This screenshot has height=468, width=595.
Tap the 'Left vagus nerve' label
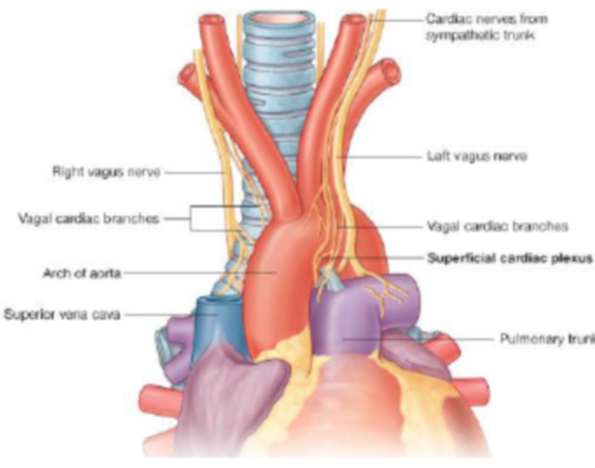coord(477,156)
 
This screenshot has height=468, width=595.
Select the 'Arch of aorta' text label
coord(81,273)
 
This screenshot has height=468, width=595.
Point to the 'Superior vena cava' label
coord(62,313)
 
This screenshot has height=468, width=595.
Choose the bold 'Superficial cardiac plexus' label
coord(509,259)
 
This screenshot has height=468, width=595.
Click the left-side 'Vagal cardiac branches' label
coord(88,219)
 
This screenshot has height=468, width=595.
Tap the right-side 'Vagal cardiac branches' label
coord(498,226)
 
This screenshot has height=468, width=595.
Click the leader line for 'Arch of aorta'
coord(201,273)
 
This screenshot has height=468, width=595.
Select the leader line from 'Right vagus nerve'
coord(193,172)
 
